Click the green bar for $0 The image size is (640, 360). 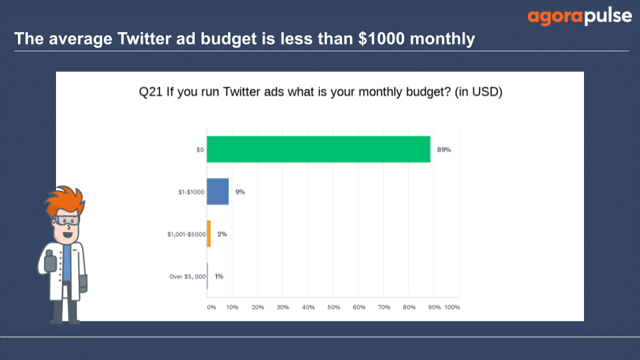[319, 149]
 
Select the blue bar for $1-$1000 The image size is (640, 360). [217, 191]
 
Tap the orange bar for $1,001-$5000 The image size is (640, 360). [209, 234]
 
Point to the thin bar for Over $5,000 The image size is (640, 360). [207, 276]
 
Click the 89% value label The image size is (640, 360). [444, 150]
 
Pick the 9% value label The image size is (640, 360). [240, 192]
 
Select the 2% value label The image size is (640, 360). [222, 234]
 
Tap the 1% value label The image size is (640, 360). [219, 276]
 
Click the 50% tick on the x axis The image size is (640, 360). [333, 307]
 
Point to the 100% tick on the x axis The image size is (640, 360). [452, 307]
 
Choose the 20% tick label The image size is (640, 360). [257, 307]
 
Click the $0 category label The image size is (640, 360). [200, 150]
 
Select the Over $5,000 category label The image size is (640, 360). [188, 276]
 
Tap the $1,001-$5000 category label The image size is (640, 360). [187, 234]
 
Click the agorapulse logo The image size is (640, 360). [579, 17]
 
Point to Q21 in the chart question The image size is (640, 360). [151, 92]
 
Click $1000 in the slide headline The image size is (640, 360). [381, 39]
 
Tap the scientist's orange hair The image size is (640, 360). [65, 199]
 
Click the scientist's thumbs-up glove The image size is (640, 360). [50, 261]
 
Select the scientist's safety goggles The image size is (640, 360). [66, 221]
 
